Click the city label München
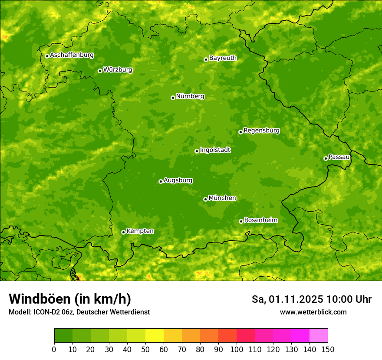tap(222, 198)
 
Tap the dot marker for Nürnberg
tap(173, 98)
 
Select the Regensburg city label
tap(261, 131)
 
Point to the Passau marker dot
tap(326, 158)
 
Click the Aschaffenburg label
tap(72, 55)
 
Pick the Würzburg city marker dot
tap(100, 71)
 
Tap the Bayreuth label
tap(223, 58)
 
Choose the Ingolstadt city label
tap(215, 150)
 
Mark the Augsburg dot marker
tap(161, 181)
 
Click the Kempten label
tap(140, 231)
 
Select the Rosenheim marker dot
tap(241, 221)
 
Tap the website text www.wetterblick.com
tap(313, 312)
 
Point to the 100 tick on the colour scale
tap(237, 349)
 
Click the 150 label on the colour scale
tap(328, 349)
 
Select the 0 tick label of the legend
tap(54, 349)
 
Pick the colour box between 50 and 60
tap(155, 336)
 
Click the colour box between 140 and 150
tap(319, 336)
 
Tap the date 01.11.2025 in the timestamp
tap(296, 299)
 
